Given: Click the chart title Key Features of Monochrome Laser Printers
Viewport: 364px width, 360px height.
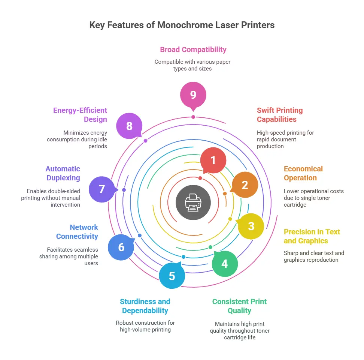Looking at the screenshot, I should tap(182, 25).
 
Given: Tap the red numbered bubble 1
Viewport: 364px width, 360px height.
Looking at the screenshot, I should tap(213, 160).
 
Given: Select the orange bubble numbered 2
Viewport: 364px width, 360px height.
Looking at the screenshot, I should tap(245, 184).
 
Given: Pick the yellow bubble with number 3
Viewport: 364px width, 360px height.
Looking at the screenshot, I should tap(251, 226).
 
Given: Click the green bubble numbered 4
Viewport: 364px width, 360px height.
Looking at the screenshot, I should tap(224, 264).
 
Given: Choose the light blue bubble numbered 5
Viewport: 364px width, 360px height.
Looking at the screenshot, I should tap(172, 276).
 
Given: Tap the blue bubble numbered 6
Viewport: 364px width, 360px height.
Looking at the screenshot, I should tap(121, 247).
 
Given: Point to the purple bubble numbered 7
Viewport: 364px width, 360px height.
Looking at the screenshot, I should tap(101, 189).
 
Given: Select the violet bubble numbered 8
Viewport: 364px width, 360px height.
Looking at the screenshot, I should tap(129, 126).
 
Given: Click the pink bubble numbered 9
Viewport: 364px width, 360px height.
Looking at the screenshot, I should tap(193, 95).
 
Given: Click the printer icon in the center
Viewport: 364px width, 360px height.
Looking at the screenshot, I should tap(193, 202).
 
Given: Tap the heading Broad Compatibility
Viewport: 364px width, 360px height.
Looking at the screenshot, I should tap(193, 49).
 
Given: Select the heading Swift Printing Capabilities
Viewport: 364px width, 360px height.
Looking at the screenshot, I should tap(280, 115).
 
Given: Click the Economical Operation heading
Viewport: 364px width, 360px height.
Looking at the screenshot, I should tap(303, 173).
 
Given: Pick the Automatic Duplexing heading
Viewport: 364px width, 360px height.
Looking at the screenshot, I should tap(63, 173).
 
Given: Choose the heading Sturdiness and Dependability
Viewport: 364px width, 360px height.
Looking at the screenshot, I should tap(145, 306).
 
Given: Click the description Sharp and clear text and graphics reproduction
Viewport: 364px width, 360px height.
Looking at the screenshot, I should tap(314, 256).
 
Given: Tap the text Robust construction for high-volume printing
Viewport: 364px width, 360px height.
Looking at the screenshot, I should tap(145, 326).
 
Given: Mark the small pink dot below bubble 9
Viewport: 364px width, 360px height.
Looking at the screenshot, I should tap(193, 117).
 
